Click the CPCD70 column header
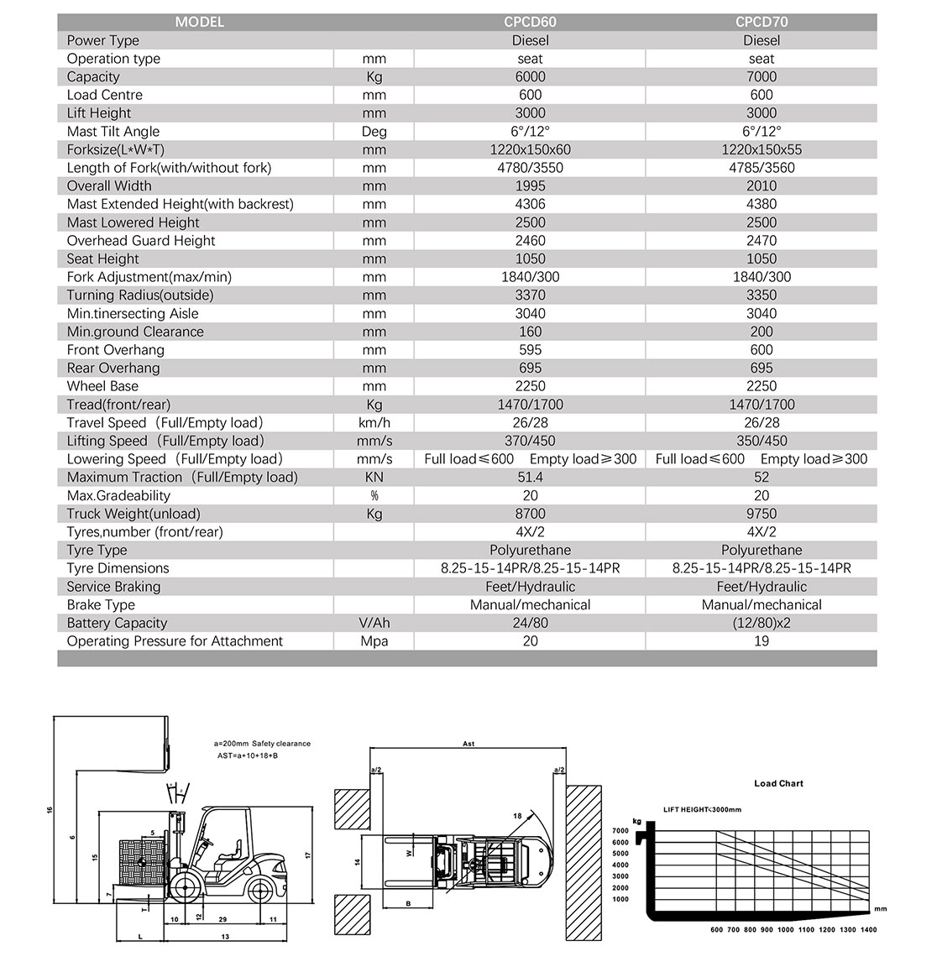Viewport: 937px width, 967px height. [x=761, y=22]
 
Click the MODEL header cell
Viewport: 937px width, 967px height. [x=199, y=22]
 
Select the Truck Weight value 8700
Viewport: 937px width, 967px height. [x=530, y=514]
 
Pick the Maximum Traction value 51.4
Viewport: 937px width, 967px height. [x=530, y=477]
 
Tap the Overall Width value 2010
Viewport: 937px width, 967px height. [x=761, y=186]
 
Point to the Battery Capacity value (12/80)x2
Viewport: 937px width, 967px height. [x=761, y=623]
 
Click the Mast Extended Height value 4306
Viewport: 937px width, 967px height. [x=530, y=204]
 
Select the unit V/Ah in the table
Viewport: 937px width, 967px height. [x=374, y=623]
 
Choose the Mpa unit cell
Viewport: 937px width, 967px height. [x=374, y=641]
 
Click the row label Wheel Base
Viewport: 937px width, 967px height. [x=102, y=386]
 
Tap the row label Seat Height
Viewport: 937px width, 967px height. [x=102, y=259]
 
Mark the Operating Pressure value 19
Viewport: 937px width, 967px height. [x=761, y=641]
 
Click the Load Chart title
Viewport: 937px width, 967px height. [x=778, y=783]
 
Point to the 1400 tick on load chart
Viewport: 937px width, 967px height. [x=868, y=929]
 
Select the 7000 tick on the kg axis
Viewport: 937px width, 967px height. [x=620, y=831]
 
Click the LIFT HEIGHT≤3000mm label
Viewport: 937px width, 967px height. [x=702, y=809]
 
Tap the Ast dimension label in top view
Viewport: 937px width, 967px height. [x=468, y=744]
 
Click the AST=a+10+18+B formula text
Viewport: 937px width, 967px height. [x=248, y=756]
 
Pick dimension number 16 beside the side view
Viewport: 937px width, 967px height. [x=50, y=810]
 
